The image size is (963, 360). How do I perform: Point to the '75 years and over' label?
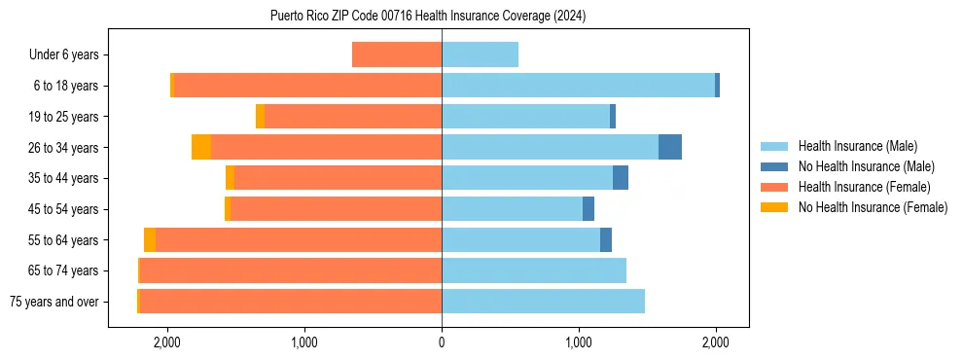(54, 302)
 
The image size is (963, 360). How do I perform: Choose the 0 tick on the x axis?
(442, 342)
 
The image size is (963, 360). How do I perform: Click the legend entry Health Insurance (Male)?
(857, 146)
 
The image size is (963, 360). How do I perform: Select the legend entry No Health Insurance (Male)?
(866, 166)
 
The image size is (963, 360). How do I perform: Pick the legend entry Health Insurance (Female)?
(864, 187)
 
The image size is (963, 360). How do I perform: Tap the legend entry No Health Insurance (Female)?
(873, 207)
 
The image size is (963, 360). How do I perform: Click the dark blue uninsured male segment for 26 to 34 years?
(670, 147)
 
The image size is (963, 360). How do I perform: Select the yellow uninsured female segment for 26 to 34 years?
(201, 147)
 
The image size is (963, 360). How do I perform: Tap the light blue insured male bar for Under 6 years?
(480, 54)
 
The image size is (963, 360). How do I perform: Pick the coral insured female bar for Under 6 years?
(397, 54)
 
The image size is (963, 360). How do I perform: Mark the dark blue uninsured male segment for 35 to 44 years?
(621, 178)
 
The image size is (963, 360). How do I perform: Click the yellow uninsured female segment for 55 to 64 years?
(150, 239)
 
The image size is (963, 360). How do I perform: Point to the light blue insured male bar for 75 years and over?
(543, 301)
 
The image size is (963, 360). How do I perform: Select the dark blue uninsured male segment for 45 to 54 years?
(588, 208)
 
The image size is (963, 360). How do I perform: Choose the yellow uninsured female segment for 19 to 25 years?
(260, 116)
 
